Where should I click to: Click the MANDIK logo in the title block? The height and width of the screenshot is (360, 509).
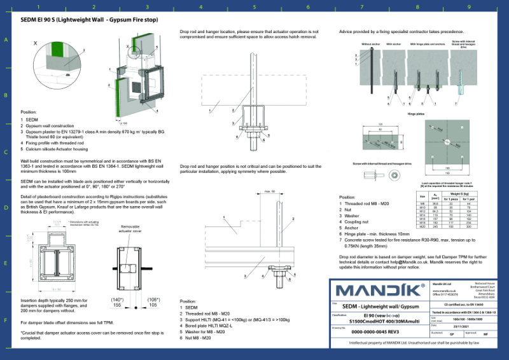(379, 291)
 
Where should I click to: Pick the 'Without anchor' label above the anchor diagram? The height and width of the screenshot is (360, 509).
(370, 44)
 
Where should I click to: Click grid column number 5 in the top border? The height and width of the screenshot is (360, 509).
(254, 8)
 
